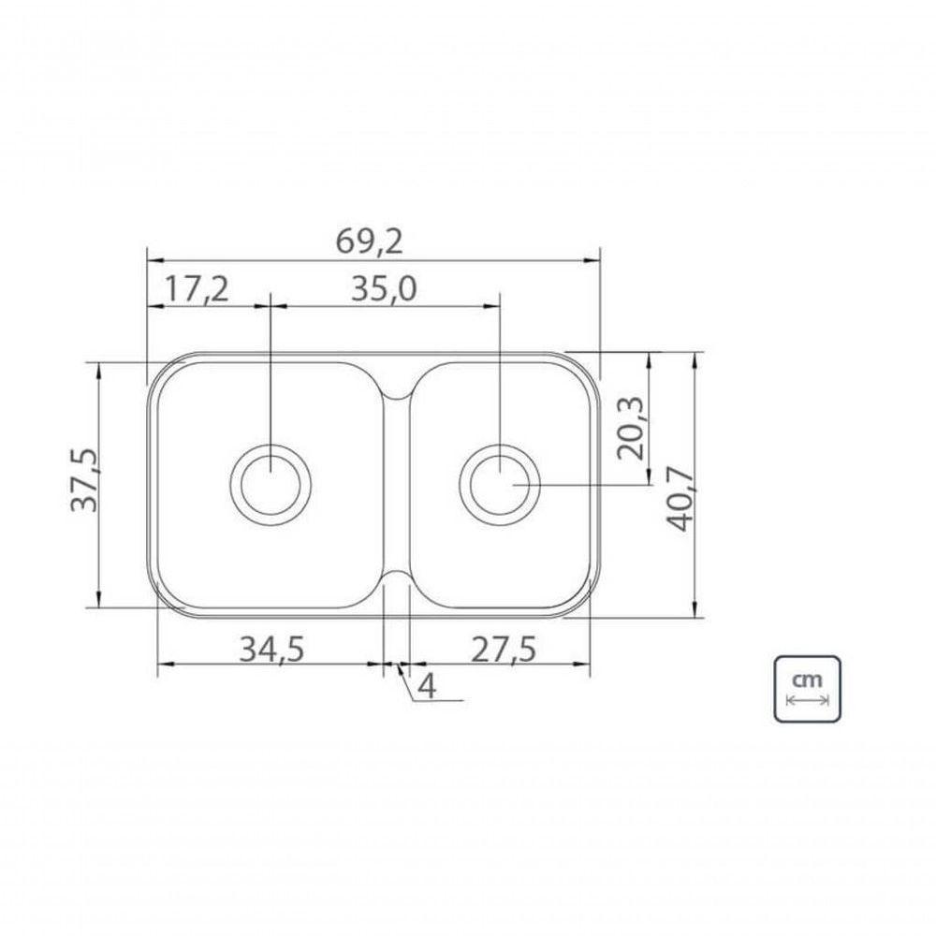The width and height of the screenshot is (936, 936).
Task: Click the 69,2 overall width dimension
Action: [370, 241]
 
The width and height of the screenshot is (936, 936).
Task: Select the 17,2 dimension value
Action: [197, 289]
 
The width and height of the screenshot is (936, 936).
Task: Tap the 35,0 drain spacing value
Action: [384, 289]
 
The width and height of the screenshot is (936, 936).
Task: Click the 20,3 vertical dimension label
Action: [630, 428]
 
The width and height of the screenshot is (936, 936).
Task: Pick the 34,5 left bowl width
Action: [271, 650]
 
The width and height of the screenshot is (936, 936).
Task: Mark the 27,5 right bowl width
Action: [504, 650]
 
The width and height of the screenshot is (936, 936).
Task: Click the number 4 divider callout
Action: [427, 686]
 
